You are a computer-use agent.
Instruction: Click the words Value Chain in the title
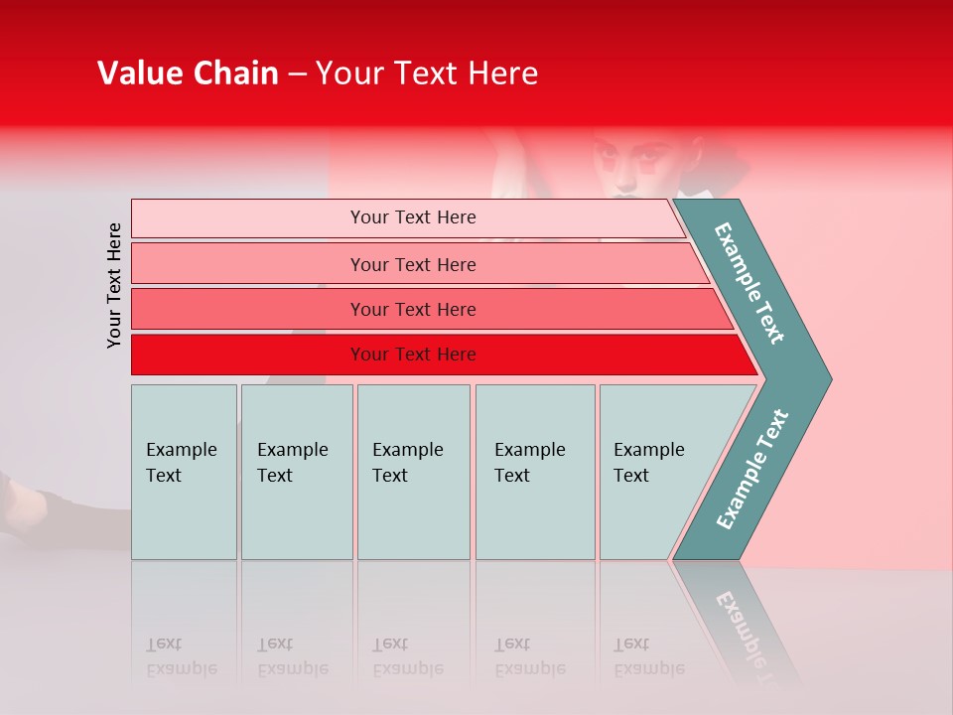tap(188, 73)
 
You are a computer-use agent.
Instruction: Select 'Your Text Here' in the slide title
tap(427, 73)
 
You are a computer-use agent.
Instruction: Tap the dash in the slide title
tap(297, 74)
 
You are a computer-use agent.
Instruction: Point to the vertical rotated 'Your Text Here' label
tap(115, 285)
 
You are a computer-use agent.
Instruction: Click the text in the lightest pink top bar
tap(413, 217)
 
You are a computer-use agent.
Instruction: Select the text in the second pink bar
tap(413, 264)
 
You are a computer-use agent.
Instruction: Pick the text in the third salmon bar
tap(413, 310)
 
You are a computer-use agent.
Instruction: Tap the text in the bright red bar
tap(413, 355)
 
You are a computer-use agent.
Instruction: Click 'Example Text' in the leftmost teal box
tap(181, 462)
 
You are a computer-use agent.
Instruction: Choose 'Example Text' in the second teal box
tap(292, 462)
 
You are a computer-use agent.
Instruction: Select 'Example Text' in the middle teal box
tap(407, 462)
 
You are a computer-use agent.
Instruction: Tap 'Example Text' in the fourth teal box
tap(529, 462)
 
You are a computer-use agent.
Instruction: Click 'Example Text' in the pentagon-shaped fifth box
tap(648, 462)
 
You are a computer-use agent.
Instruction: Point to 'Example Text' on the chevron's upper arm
tap(749, 283)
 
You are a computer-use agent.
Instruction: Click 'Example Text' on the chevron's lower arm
tap(751, 470)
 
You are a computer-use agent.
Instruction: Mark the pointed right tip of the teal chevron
tap(829, 378)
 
